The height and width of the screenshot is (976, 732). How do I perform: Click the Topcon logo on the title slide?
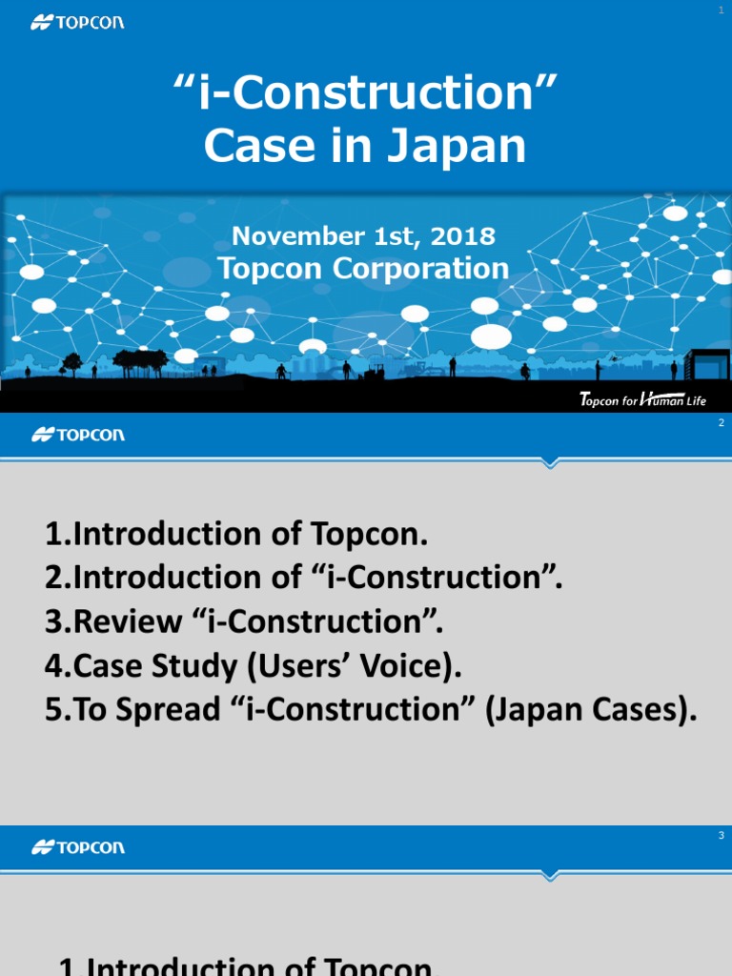coord(77,22)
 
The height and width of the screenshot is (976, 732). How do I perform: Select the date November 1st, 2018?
coord(364,235)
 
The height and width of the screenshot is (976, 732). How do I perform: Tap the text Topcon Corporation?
coord(364,269)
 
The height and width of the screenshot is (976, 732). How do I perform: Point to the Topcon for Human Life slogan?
coord(643,399)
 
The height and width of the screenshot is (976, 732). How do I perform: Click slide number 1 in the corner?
coord(722,10)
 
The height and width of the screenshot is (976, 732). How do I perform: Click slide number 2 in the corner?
coord(722,422)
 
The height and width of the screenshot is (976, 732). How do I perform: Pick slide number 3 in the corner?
coord(722,836)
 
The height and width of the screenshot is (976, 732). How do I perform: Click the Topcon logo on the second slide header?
coord(77,436)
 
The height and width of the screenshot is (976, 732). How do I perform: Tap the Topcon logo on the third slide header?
coord(77,847)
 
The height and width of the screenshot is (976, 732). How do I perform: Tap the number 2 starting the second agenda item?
coord(53,579)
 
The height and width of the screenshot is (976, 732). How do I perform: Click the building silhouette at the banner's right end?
coord(706,365)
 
